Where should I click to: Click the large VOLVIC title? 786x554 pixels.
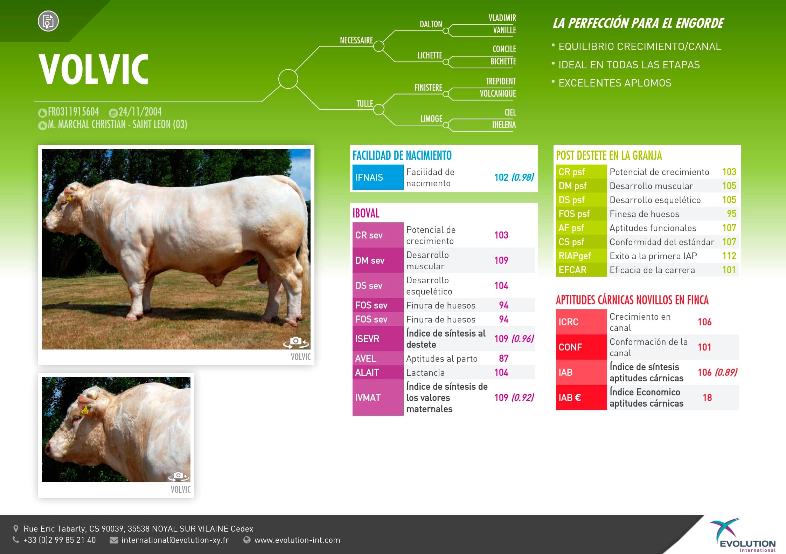coord(94,69)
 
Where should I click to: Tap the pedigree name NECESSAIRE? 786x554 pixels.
coord(356,40)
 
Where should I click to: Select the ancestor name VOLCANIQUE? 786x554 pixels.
coord(498,94)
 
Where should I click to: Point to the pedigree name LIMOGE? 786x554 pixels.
coord(431,119)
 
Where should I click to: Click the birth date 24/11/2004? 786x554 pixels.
coord(140,112)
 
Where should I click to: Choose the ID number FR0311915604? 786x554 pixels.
coord(73,112)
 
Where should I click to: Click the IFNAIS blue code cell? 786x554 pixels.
coord(378,177)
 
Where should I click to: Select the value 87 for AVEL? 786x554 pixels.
coord(503,358)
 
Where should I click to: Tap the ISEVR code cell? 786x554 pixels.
coord(378,339)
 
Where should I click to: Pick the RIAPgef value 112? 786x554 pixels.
coord(729,256)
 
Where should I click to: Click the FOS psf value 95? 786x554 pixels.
coord(731,214)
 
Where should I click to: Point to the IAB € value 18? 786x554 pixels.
coord(707,397)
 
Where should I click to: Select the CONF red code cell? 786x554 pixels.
coord(581,347)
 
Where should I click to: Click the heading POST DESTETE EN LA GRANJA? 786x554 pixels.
coord(609,155)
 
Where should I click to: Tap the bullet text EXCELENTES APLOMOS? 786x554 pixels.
coord(615,83)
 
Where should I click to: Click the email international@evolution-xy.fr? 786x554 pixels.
coord(175,540)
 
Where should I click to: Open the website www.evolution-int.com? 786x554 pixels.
coord(297,540)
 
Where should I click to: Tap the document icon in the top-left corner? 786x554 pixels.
coord(48,21)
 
